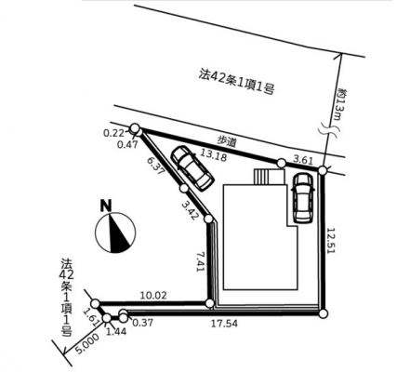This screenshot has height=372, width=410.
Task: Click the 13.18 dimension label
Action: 214,155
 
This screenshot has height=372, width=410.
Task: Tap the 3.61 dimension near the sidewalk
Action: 303,160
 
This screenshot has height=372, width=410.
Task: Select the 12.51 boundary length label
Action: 331,241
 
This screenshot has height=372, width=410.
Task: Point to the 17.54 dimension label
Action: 224,324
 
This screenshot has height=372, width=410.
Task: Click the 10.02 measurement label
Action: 153,295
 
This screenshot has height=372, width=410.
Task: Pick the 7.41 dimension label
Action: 201,261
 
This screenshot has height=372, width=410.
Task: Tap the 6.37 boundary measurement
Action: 155,166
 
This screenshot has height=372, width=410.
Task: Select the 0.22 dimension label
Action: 113,133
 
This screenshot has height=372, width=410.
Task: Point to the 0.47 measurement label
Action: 127,144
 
